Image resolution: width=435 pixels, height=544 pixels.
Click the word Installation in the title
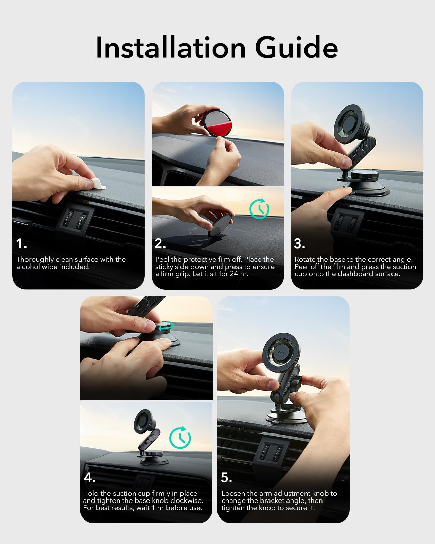(x=171, y=48)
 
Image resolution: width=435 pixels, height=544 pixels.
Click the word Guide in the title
(x=296, y=48)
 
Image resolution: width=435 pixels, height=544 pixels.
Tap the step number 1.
(x=21, y=244)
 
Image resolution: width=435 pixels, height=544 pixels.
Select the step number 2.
(x=160, y=244)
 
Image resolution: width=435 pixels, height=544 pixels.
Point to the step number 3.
(x=299, y=244)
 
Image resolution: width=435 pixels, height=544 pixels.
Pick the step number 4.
(x=89, y=477)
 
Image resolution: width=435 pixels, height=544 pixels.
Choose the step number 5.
(x=226, y=477)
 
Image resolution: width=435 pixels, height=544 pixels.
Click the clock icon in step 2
(x=259, y=209)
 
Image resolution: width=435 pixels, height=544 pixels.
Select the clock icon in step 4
(x=180, y=438)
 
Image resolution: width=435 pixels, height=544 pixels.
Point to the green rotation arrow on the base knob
(x=166, y=327)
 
